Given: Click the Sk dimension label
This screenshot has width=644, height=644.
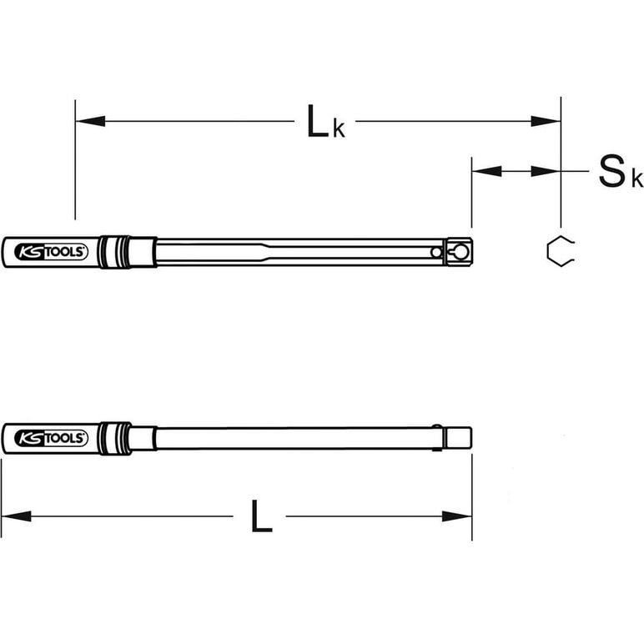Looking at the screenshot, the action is pyautogui.click(x=620, y=172).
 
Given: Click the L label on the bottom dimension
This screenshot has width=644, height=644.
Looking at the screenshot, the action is pyautogui.click(x=262, y=516).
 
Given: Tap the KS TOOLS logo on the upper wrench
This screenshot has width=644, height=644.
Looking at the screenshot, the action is pyautogui.click(x=52, y=252).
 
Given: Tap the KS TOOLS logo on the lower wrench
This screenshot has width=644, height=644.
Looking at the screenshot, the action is pyautogui.click(x=52, y=438).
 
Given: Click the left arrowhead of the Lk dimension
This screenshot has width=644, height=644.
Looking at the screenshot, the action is pyautogui.click(x=90, y=121).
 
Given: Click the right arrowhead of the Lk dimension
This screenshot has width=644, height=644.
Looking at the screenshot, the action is pyautogui.click(x=546, y=121).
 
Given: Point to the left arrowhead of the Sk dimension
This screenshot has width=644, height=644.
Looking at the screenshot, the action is pyautogui.click(x=487, y=171).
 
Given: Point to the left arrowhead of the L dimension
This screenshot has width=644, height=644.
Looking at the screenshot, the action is pyautogui.click(x=17, y=516).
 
